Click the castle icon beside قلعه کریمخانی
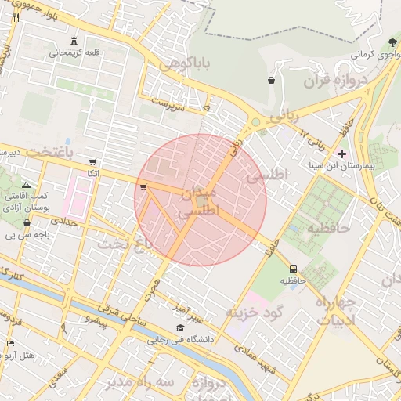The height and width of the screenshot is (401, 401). (74, 41)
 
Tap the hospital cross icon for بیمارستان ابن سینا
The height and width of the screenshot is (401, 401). (341, 153)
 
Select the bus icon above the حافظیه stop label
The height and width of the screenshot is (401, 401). (293, 268)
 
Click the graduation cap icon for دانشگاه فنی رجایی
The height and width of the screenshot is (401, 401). (179, 328)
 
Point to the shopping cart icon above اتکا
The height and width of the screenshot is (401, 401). (93, 162)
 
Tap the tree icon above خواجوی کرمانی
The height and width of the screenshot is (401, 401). (392, 42)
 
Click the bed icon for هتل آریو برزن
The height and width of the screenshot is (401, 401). (10, 344)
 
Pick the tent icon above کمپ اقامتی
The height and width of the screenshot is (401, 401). (26, 185)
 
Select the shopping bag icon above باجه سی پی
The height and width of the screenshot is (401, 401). (27, 223)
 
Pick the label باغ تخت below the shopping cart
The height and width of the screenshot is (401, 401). (124, 245)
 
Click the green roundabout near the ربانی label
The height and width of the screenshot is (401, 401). (255, 122)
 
